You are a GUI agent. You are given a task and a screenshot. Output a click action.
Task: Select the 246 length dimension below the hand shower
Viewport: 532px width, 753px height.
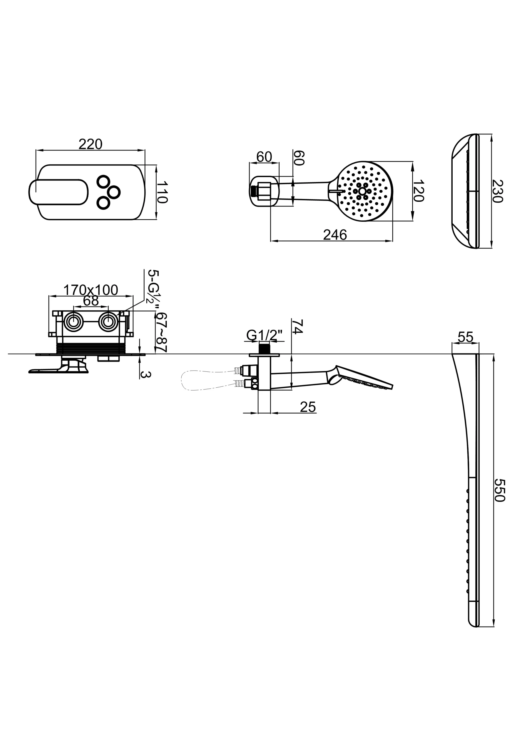pos(335,235)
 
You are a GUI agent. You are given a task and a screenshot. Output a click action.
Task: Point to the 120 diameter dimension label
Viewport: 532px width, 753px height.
pos(419,191)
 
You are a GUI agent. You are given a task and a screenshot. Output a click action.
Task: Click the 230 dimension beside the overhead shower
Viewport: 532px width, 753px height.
pos(497,191)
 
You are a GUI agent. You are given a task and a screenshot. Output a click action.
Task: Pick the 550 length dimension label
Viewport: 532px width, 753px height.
pos(500,490)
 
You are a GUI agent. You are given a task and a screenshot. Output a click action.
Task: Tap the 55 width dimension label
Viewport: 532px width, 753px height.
pos(466,337)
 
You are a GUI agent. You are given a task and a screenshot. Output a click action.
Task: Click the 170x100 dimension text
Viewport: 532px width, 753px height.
pos(91,290)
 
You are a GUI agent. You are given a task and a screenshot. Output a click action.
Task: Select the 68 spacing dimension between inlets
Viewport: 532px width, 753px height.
pos(91,301)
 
